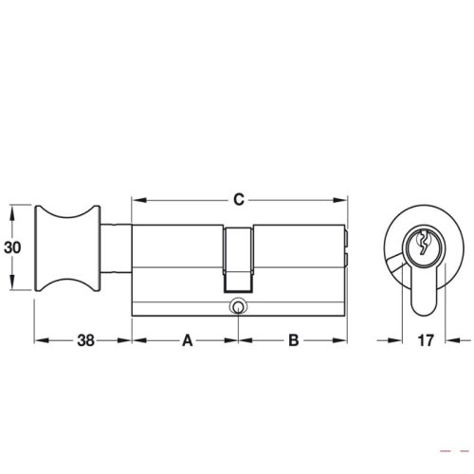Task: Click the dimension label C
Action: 239,200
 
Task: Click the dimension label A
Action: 187,339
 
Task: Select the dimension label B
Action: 293,339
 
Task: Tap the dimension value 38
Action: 82,339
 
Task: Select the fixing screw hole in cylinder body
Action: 236,306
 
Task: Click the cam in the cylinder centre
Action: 239,261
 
